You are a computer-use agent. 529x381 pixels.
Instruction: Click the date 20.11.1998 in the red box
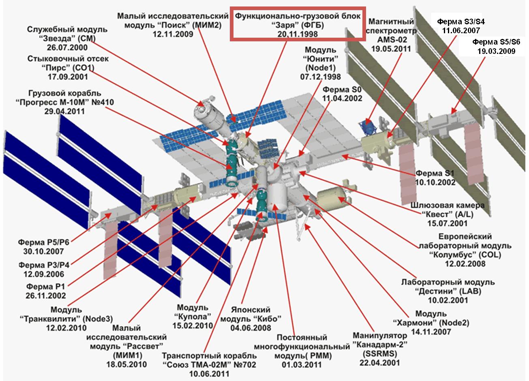[x=298, y=34]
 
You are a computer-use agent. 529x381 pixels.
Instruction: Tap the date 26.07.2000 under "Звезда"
[x=67, y=47]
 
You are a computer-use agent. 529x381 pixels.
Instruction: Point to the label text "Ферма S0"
[x=342, y=90]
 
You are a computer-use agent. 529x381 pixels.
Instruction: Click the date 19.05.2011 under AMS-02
[x=391, y=49]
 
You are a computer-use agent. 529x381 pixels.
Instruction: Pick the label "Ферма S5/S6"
[x=496, y=42]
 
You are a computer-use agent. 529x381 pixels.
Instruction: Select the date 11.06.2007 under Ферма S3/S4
[x=461, y=30]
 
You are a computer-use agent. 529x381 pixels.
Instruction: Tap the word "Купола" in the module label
[x=193, y=316]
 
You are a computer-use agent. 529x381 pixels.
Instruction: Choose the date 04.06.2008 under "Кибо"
[x=251, y=328]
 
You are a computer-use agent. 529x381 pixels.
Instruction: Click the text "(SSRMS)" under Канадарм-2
[x=380, y=353]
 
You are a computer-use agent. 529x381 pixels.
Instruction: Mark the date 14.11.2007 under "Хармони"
[x=431, y=332]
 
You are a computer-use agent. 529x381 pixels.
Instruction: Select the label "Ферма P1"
[x=45, y=286]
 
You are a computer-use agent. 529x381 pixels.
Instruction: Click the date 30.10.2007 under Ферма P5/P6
[x=43, y=251]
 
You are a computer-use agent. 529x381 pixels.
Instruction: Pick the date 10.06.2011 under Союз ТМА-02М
[x=209, y=374]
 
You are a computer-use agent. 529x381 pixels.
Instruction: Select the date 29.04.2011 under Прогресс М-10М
[x=64, y=111]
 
